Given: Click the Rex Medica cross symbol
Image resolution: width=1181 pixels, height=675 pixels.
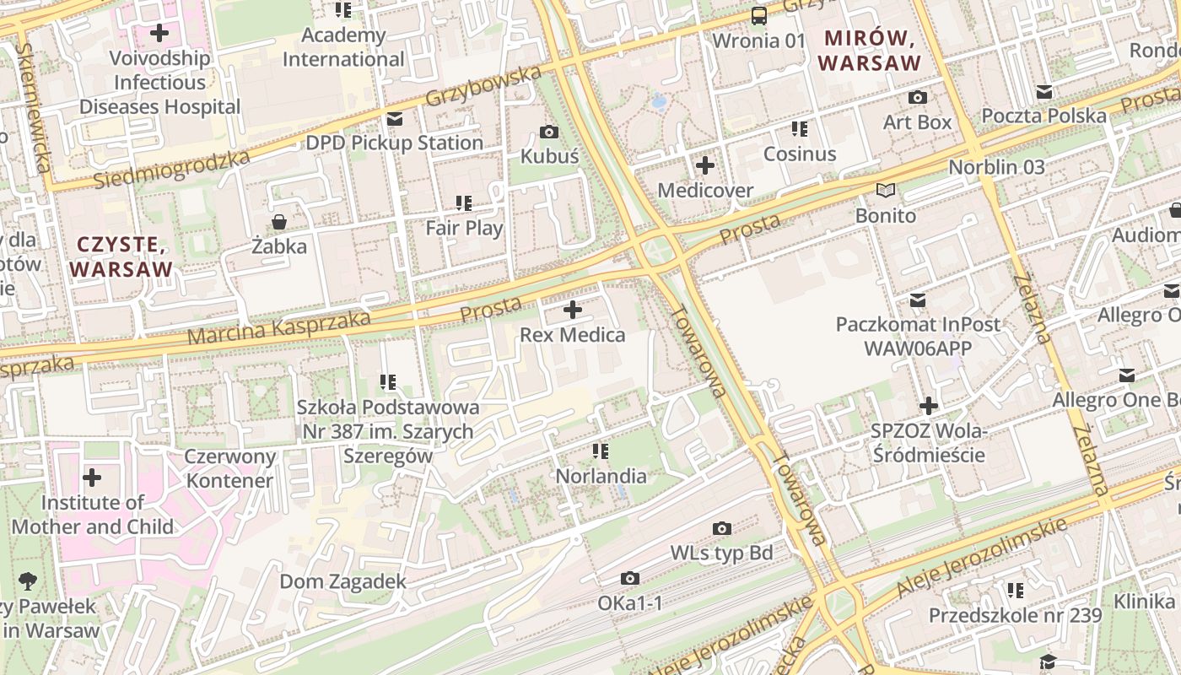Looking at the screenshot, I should (573, 310).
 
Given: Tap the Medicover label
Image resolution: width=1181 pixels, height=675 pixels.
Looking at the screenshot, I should (705, 191).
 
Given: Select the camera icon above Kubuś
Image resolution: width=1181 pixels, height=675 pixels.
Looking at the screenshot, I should (549, 132).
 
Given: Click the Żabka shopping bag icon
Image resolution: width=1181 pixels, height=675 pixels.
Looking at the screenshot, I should (279, 222).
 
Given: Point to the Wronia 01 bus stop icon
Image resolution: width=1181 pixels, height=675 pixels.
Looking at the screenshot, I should (759, 15).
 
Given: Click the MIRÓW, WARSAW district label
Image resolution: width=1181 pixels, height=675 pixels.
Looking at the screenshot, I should (869, 51).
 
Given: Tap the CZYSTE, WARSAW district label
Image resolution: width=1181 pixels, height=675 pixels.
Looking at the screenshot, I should (121, 257).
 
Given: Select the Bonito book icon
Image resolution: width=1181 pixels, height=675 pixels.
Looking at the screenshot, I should (885, 191).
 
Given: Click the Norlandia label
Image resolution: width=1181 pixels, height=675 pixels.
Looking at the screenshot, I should (601, 476).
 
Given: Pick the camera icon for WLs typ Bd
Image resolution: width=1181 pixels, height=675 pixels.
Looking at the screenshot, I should (722, 528).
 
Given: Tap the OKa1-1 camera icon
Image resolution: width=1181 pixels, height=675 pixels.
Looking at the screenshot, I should (630, 578).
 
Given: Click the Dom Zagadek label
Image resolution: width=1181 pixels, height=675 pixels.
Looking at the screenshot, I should (342, 581).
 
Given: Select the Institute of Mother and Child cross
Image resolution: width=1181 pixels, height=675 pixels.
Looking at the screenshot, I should (92, 478).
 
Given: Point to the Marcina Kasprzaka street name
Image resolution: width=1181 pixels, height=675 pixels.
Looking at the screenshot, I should (278, 328).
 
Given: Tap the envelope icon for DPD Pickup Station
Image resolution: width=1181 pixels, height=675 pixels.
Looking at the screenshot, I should (394, 119).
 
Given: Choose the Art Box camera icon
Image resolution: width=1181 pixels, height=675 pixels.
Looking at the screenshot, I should (917, 98).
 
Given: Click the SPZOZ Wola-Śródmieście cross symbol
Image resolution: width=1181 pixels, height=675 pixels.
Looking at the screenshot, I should (929, 406).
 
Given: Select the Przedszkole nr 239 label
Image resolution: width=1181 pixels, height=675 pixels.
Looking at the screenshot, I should (1015, 615).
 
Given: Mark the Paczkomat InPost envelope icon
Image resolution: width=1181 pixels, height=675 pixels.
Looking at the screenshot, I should (918, 300).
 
